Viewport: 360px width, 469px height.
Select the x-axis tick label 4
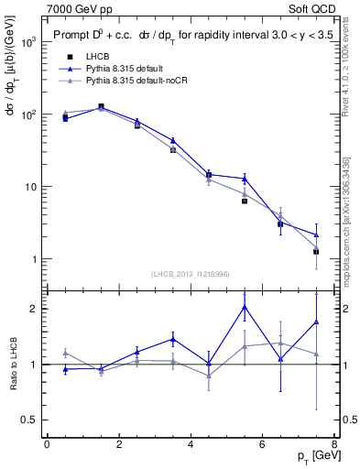pyautogui.click(x=191, y=443)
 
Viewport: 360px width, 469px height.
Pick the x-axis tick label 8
pyautogui.click(x=333, y=443)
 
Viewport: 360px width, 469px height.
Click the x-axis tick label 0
pyautogui.click(x=47, y=443)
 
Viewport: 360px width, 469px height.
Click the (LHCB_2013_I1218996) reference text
pyautogui.click(x=190, y=274)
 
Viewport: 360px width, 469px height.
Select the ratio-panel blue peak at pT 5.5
pyautogui.click(x=245, y=306)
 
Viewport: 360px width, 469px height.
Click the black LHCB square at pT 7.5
pyautogui.click(x=316, y=251)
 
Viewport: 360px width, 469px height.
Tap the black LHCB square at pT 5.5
pyautogui.click(x=245, y=201)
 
